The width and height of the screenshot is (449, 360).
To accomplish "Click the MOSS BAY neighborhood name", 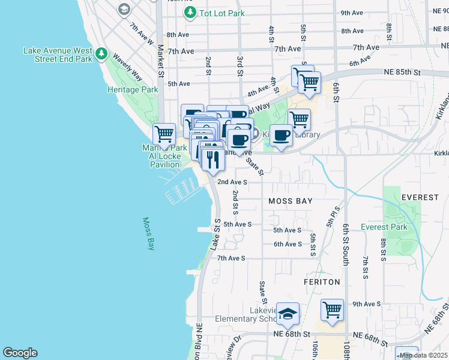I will click(291, 201).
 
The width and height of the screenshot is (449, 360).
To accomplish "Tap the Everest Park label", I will click(384, 227).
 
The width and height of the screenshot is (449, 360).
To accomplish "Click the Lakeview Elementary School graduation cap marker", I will click(288, 313).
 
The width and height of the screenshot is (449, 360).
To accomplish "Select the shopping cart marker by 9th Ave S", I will click(332, 310).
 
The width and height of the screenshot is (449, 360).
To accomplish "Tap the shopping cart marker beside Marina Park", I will click(164, 133).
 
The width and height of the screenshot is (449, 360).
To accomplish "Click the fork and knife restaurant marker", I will click(212, 160).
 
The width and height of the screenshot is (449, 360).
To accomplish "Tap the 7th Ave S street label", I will click(231, 258).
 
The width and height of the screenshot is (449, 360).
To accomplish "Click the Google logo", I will click(20, 353).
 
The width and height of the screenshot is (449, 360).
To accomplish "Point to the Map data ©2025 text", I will click(424, 355).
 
